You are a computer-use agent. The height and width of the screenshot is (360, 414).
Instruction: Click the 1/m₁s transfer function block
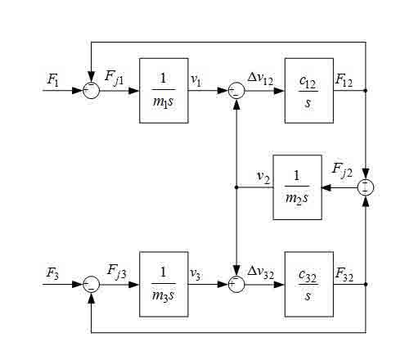[x=164, y=91]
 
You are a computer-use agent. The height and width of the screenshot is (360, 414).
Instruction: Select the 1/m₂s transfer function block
[x=297, y=187]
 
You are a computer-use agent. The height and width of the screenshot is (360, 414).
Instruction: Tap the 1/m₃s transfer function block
[x=164, y=284]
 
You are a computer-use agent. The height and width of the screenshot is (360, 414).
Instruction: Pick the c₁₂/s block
[x=309, y=91]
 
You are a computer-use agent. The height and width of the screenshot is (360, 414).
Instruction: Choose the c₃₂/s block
[x=309, y=284]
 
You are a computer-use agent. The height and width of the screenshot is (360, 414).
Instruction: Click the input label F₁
[x=53, y=79]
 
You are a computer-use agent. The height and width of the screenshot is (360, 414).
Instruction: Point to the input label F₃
[x=52, y=273]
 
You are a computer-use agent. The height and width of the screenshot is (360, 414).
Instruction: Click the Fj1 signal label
[x=115, y=78]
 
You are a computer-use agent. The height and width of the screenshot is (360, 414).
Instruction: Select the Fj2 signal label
[x=342, y=170]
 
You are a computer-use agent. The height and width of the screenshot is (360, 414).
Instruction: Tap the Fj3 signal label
[x=117, y=272]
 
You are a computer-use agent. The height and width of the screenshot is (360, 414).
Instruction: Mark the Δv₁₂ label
[x=260, y=79]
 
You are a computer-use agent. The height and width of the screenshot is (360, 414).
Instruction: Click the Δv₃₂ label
[x=261, y=272]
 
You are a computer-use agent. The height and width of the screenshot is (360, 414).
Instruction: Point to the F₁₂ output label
[x=344, y=81]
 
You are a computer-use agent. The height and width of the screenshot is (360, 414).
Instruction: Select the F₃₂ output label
[x=344, y=274]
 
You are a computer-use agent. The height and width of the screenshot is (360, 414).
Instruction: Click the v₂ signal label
[x=263, y=177]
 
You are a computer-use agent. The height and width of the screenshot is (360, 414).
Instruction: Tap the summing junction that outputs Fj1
[x=92, y=90]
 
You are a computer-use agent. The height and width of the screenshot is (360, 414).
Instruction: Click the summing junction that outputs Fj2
[x=366, y=187]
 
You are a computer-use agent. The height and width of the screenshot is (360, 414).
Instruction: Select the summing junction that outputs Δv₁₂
[x=236, y=91]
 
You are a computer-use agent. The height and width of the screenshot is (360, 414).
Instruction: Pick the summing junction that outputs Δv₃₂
[x=236, y=284]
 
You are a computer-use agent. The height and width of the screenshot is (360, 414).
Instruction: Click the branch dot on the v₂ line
[x=236, y=187]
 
